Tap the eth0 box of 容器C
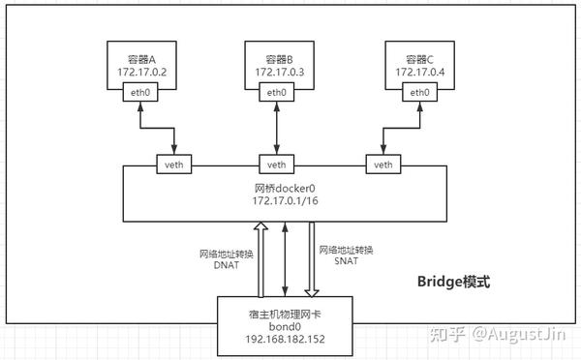[419, 93]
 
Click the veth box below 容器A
[175, 164]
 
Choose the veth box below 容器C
[384, 164]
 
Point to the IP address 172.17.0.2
[140, 71]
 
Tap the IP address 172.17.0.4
[419, 71]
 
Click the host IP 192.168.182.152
[285, 340]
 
